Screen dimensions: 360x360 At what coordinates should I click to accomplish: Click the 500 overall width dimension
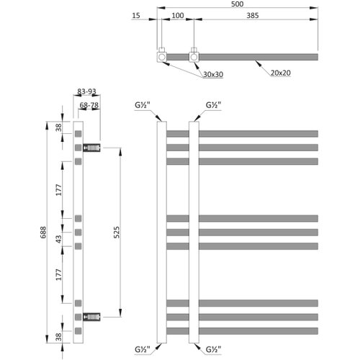pos(237,4)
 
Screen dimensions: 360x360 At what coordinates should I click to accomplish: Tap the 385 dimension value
pos(253,16)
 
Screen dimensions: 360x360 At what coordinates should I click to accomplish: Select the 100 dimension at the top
pos(178,16)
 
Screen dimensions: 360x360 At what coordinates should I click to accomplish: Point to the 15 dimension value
pos(136,16)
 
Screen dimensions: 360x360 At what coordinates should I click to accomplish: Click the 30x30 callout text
pos(213,75)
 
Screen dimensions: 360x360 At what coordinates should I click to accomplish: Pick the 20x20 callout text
pos(281,73)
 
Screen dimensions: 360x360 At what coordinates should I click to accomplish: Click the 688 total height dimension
pos(43,232)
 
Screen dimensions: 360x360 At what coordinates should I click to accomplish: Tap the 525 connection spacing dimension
pos(117,232)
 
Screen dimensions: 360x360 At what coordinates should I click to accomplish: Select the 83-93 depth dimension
pos(86,91)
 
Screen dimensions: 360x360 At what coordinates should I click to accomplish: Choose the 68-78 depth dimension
pos(89,105)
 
